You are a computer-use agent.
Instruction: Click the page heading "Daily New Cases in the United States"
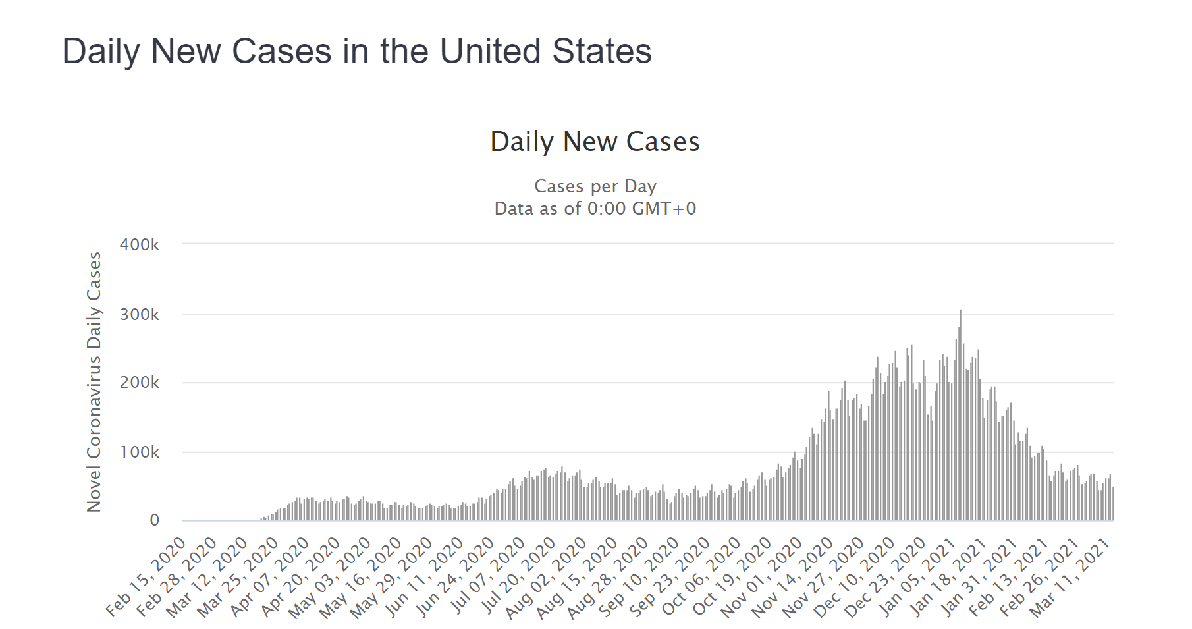click(356, 51)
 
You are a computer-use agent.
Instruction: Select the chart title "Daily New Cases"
click(595, 142)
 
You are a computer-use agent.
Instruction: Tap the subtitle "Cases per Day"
click(595, 186)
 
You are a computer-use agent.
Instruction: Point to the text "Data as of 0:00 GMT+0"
click(595, 209)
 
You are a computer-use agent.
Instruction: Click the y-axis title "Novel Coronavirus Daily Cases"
click(94, 382)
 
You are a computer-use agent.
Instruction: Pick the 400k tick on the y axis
click(140, 245)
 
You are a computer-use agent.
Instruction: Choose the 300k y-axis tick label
click(140, 315)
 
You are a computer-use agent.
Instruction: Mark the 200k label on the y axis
click(140, 383)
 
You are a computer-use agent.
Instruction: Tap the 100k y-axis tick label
click(140, 452)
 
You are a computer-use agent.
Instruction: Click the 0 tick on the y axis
click(154, 520)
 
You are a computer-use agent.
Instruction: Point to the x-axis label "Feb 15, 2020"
click(147, 576)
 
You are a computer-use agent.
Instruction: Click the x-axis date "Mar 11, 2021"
click(1071, 576)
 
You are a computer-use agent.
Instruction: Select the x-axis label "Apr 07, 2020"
click(270, 576)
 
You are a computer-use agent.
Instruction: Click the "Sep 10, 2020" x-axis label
click(639, 576)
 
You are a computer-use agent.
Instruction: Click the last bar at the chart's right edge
click(1112, 505)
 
